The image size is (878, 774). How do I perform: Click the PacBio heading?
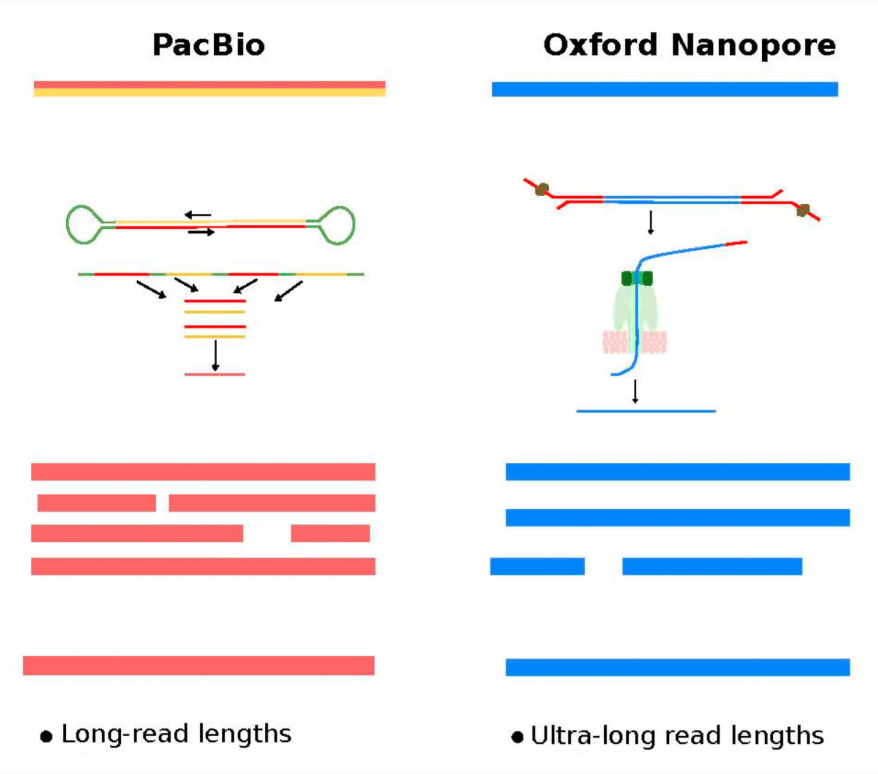click(209, 45)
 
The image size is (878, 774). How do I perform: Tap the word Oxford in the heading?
click(600, 45)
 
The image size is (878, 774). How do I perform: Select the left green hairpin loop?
click(84, 225)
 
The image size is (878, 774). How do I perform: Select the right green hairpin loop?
click(337, 225)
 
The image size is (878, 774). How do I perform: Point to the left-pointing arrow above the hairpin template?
click(198, 215)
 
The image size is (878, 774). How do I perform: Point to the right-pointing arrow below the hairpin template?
click(201, 232)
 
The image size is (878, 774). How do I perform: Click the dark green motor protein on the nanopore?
click(637, 279)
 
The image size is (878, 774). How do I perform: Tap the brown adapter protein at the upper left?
click(542, 189)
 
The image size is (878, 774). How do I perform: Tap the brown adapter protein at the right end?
click(803, 210)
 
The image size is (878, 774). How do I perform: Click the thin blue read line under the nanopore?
click(646, 411)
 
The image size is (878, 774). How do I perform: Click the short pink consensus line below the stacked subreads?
click(214, 374)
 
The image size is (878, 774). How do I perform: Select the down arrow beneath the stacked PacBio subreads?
click(215, 355)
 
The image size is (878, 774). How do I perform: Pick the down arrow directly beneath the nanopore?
click(635, 391)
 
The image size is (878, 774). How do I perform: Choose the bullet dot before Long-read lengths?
click(46, 736)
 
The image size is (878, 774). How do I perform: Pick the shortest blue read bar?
click(537, 566)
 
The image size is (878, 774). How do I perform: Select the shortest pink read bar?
click(330, 533)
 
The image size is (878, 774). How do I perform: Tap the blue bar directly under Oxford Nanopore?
click(665, 89)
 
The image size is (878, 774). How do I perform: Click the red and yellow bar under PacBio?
click(209, 89)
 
